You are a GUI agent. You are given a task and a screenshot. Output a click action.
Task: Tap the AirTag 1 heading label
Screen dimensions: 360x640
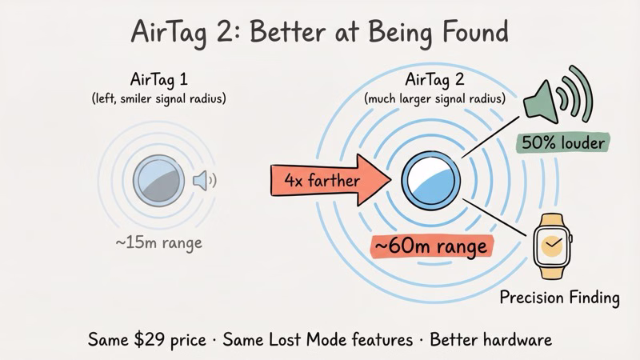pyautogui.click(x=159, y=80)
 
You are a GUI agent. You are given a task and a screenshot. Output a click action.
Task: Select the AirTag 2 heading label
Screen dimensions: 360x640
pyautogui.click(x=436, y=80)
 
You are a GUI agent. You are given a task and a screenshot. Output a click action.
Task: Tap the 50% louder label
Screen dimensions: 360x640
pyautogui.click(x=563, y=142)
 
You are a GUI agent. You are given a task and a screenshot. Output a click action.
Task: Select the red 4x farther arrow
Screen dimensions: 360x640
pyautogui.click(x=328, y=179)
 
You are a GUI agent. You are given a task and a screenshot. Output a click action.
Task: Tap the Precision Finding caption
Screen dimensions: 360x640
pyautogui.click(x=559, y=298)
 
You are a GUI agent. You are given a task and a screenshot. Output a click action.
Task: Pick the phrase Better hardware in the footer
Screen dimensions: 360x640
pyautogui.click(x=490, y=339)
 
